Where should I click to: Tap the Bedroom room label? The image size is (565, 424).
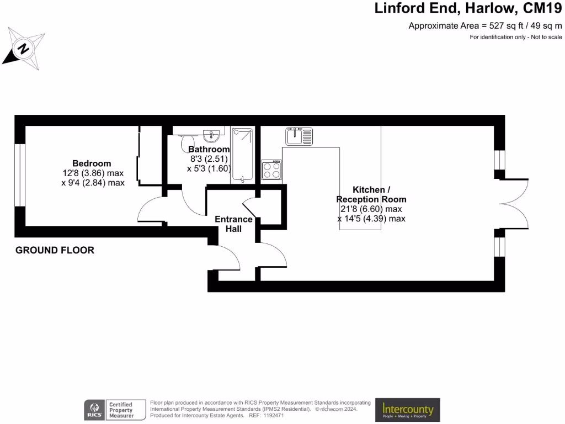(x=92, y=163)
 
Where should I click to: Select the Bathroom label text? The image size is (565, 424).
(x=209, y=150)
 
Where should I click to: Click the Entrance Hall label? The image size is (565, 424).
(x=233, y=224)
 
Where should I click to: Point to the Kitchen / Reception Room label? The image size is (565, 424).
(x=371, y=194)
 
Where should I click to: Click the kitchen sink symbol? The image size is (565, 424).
(x=299, y=136)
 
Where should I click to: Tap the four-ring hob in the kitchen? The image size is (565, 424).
(x=272, y=170)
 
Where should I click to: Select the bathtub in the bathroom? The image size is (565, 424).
(x=242, y=155)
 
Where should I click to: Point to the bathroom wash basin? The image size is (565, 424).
(x=212, y=134)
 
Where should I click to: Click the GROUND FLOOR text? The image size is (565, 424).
(x=55, y=250)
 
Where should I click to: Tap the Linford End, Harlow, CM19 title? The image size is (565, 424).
(x=468, y=9)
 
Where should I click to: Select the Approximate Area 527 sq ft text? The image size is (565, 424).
(x=485, y=25)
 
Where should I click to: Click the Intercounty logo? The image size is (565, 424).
(x=408, y=410)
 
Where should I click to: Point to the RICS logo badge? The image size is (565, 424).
(x=92, y=410)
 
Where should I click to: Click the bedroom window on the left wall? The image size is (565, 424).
(x=20, y=175)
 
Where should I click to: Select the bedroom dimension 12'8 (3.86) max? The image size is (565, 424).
(x=93, y=173)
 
